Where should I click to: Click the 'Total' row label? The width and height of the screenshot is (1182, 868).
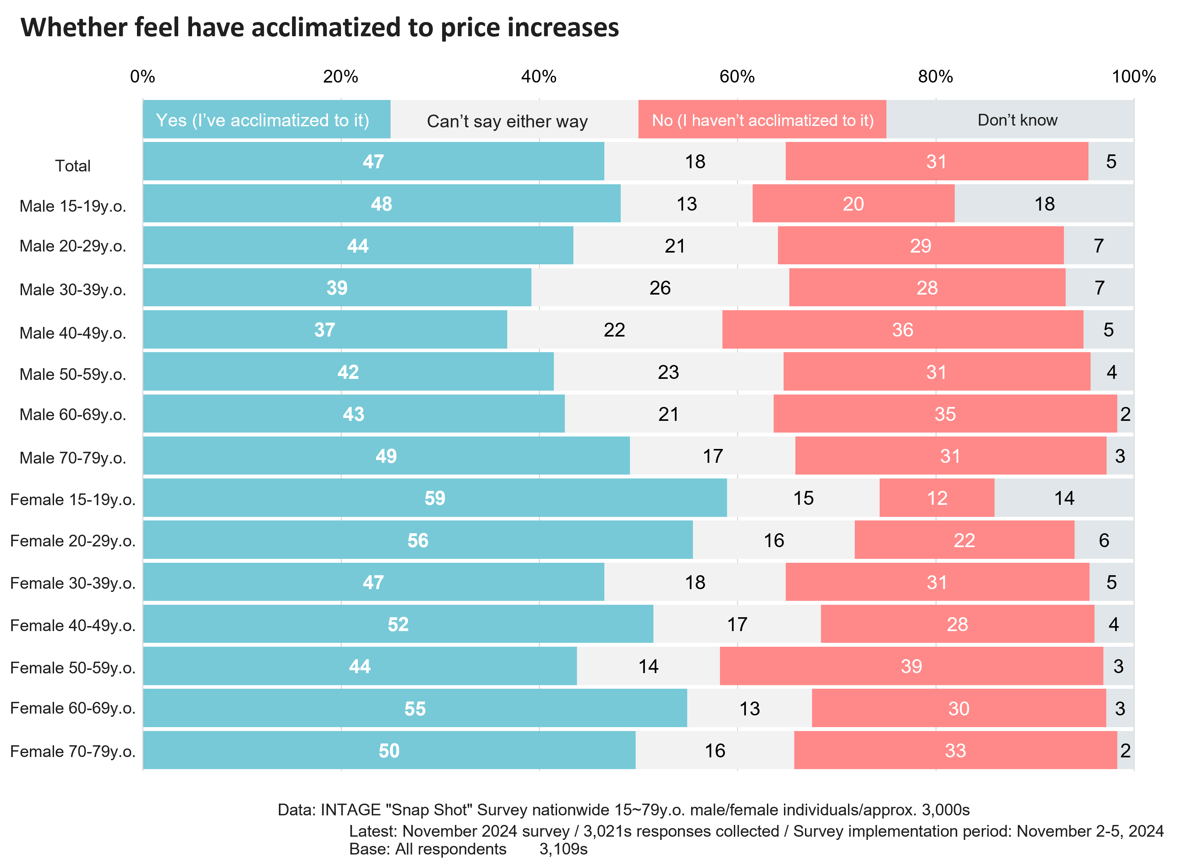73,165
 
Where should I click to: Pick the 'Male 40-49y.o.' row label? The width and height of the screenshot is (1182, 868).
73,333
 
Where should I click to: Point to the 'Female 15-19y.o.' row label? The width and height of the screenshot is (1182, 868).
73,499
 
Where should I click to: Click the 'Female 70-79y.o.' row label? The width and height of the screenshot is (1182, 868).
73,751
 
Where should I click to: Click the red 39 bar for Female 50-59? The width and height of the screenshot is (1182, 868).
911,666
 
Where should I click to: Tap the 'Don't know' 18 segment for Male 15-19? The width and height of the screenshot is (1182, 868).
1044,204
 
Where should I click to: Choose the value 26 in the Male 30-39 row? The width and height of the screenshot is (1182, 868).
660,288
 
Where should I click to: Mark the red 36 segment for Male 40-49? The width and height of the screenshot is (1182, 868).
902,330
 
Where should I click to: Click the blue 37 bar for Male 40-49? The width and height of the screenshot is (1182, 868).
325,330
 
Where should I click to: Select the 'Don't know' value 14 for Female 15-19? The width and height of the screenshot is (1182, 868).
1064,498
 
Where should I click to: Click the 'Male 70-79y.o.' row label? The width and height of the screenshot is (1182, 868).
73,457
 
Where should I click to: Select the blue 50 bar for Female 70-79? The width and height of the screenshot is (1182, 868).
389,750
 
